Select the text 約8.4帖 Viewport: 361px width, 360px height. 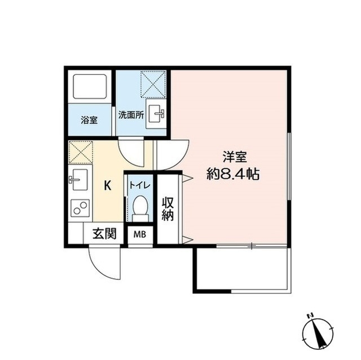point(232,174)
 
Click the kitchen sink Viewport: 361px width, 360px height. point(78,181)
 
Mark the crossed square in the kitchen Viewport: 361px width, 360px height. point(79,152)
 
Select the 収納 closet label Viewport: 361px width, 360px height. point(168,209)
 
